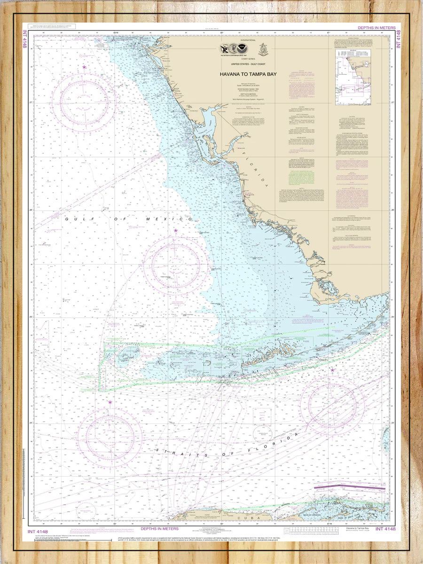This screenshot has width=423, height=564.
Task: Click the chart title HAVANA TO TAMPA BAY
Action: click(248, 74)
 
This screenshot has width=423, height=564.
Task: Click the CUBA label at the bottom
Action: click(242, 517)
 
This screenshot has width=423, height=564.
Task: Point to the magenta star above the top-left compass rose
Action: click(85, 67)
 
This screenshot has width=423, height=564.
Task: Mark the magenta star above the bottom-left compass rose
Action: click(110, 402)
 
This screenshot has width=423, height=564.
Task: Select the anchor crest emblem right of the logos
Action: click(263, 49)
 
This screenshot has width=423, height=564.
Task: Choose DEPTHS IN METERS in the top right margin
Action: click(376, 28)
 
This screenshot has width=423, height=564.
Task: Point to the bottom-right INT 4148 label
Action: click(386, 530)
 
